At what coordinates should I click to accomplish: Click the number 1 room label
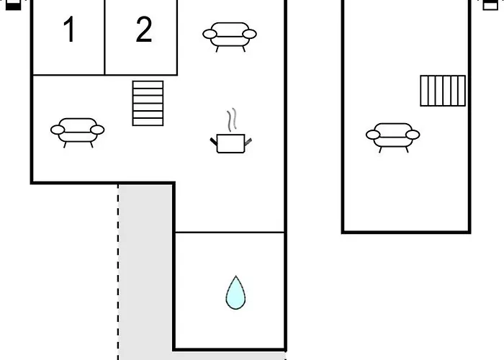pyautogui.click(x=69, y=30)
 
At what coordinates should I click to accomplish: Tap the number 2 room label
pyautogui.click(x=144, y=30)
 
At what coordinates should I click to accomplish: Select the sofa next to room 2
pyautogui.click(x=230, y=37)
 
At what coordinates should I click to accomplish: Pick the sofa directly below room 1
pyautogui.click(x=77, y=132)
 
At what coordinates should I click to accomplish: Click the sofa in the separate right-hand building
pyautogui.click(x=393, y=138)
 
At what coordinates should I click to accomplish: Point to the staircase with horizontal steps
pyautogui.click(x=148, y=103)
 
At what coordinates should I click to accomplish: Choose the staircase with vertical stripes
pyautogui.click(x=443, y=91)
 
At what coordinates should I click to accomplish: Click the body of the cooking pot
pyautogui.click(x=231, y=143)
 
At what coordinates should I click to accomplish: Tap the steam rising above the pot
pyautogui.click(x=232, y=120)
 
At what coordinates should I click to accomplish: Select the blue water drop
pyautogui.click(x=235, y=294)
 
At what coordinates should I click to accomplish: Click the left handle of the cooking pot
pyautogui.click(x=214, y=141)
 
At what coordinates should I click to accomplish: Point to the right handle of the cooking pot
pyautogui.click(x=248, y=141)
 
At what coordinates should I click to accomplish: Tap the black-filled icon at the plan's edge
pyautogui.click(x=14, y=5)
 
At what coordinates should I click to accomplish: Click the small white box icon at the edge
pyautogui.click(x=490, y=5)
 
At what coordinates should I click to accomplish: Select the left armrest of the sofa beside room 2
pyautogui.click(x=210, y=34)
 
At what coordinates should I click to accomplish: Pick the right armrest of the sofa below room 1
pyautogui.click(x=97, y=130)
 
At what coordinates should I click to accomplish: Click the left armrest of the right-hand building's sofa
pyautogui.click(x=373, y=135)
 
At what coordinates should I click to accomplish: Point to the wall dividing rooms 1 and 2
pyautogui.click(x=105, y=37)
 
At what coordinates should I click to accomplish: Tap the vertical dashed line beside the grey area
pyautogui.click(x=118, y=272)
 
